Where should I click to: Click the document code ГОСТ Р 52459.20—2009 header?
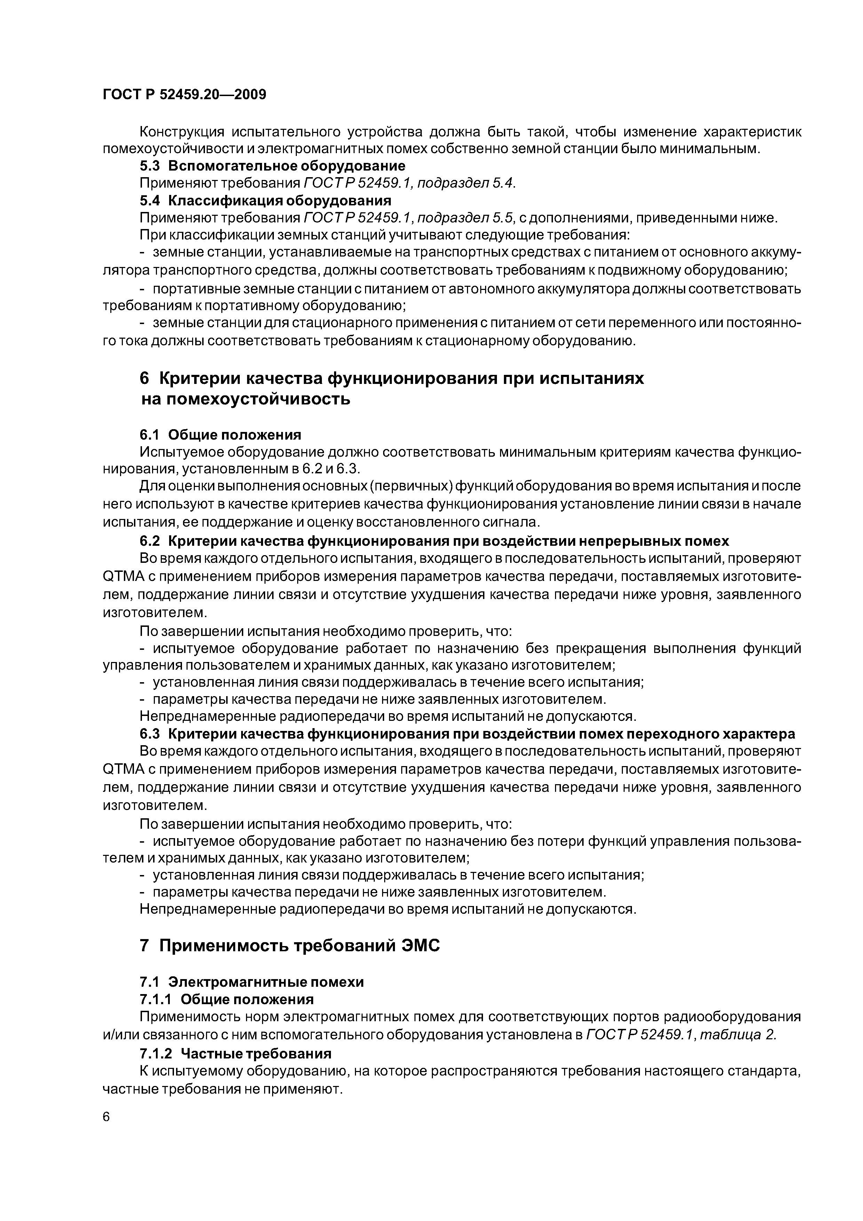(184, 95)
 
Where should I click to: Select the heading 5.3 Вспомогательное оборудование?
(272, 166)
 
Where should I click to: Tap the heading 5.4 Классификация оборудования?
(265, 200)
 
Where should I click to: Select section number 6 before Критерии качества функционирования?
(145, 379)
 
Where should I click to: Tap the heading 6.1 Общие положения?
(220, 435)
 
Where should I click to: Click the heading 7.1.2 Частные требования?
(235, 1054)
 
